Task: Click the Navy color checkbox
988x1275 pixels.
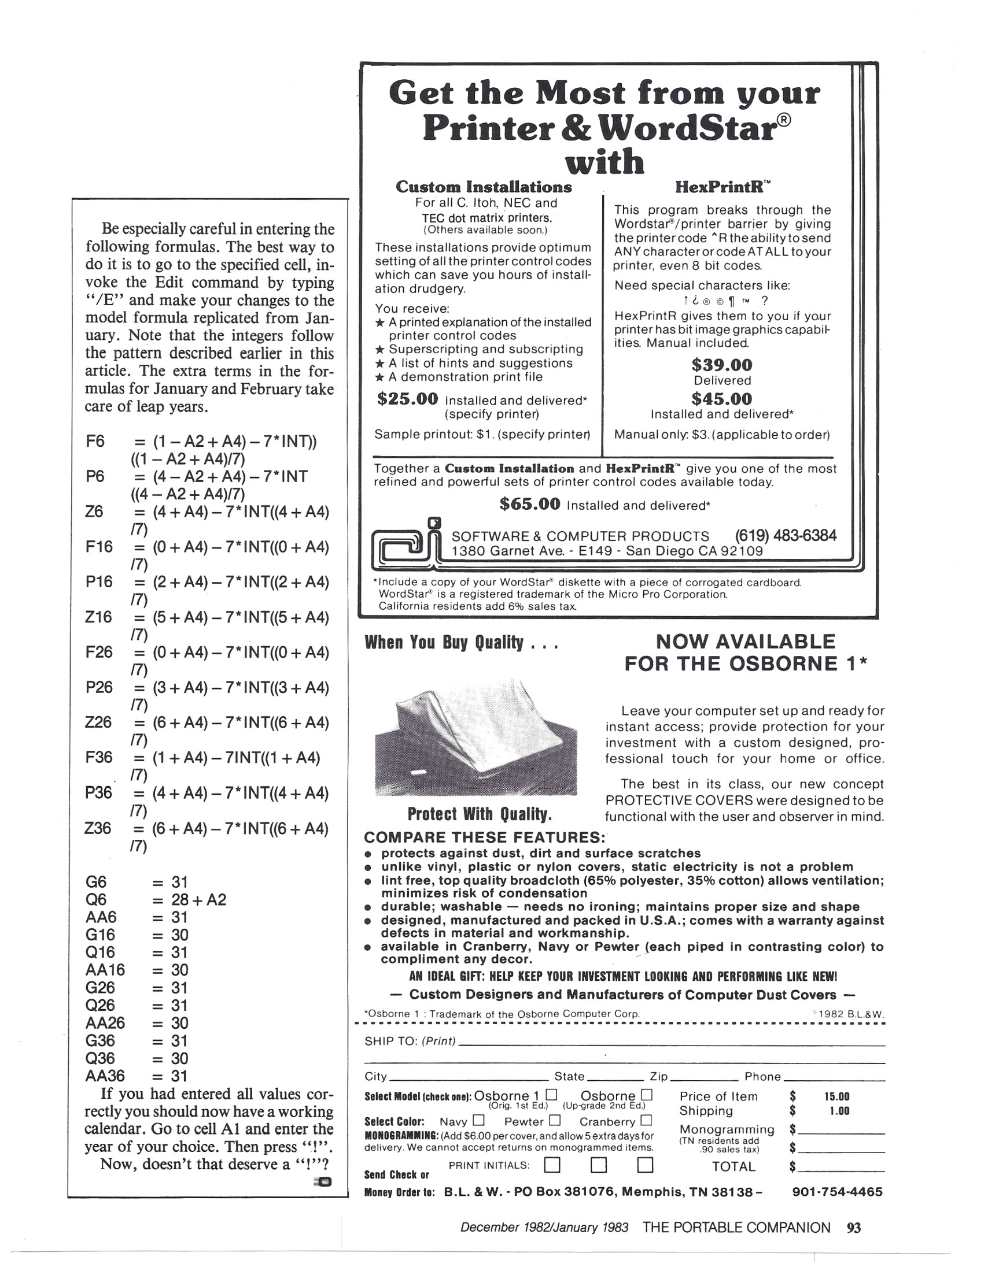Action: tap(478, 1120)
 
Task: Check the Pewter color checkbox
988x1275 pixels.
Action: tap(555, 1120)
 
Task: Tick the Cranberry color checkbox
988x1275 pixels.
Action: tap(646, 1120)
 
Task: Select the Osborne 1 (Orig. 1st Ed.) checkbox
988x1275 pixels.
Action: tap(551, 1095)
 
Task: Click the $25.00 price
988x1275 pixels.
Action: tap(407, 399)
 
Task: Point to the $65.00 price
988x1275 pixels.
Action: tap(529, 505)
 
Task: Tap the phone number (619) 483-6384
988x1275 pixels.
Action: tap(786, 535)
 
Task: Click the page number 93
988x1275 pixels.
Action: tap(854, 1228)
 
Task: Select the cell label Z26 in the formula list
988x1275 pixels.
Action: tap(98, 722)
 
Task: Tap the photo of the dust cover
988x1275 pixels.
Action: tap(475, 739)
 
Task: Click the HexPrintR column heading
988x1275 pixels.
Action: tap(721, 187)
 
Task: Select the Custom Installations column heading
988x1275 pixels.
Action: tap(483, 187)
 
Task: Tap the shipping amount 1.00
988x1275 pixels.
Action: tap(839, 1111)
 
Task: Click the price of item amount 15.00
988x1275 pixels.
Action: tap(836, 1096)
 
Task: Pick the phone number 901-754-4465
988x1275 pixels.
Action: tap(836, 1192)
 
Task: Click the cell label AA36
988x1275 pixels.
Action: tap(105, 1076)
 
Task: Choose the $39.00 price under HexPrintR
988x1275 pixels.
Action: tap(721, 365)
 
